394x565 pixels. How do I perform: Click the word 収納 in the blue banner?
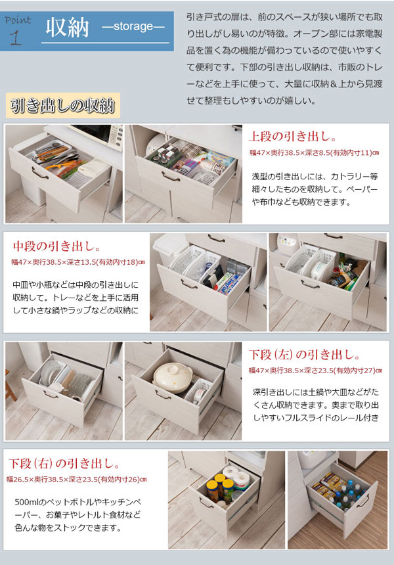[x=66, y=29]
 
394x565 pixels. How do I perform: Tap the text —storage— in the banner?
[x=133, y=28]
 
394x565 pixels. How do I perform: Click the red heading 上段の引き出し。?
[x=293, y=138]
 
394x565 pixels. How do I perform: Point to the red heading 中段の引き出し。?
[x=56, y=247]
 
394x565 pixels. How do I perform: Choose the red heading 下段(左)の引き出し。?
[x=305, y=355]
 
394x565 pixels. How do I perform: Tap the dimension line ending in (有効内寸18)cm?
[x=77, y=262]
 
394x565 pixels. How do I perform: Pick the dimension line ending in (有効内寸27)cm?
[x=315, y=371]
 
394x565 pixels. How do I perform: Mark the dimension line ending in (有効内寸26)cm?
[x=77, y=479]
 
